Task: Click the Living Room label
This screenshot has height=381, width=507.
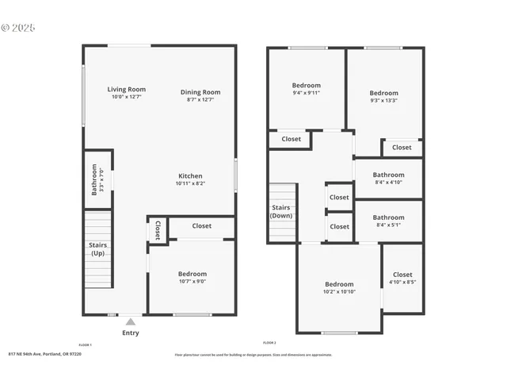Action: (127, 90)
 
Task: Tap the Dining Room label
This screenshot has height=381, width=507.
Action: (200, 92)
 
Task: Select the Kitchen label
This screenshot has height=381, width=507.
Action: (190, 176)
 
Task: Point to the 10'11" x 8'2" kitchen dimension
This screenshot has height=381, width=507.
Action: (190, 183)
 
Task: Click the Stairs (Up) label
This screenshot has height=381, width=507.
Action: (98, 249)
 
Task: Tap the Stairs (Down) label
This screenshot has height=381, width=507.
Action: (281, 212)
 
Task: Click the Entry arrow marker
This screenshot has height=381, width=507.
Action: (131, 321)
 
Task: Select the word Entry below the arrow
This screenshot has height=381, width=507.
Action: (131, 333)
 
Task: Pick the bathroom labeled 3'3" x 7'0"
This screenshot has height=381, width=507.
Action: (97, 179)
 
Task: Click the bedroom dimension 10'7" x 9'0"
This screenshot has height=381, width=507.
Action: (192, 281)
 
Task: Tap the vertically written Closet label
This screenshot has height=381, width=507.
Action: (158, 229)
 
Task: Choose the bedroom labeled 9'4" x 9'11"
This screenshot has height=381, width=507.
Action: (307, 89)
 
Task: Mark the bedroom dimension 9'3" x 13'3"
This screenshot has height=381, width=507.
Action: (383, 100)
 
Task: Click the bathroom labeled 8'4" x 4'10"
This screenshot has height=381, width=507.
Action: (388, 179)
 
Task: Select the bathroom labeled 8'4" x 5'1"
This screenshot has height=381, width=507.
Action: (388, 221)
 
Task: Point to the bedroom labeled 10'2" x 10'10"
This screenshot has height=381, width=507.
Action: (339, 288)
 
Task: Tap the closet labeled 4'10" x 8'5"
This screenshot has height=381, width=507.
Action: (402, 278)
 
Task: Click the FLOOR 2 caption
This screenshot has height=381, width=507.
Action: (269, 342)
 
